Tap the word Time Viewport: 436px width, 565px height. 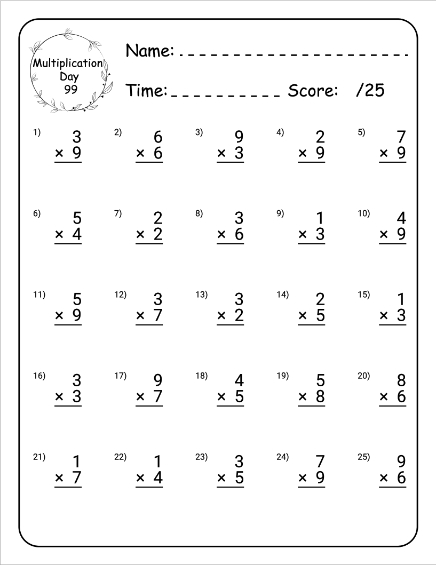point(146,90)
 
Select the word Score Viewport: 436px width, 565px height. point(313,90)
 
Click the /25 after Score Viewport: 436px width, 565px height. point(370,90)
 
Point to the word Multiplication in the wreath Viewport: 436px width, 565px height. point(68,63)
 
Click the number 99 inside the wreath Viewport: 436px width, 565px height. point(70,89)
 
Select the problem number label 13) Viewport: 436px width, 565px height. point(201,295)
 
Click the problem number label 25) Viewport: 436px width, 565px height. point(363,457)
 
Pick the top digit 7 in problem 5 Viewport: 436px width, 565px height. point(400,137)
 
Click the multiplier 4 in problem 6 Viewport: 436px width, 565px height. point(76,235)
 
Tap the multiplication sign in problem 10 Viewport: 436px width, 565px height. point(384,235)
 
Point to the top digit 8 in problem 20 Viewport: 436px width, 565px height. point(400,380)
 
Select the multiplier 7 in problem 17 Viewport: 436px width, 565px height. point(157,397)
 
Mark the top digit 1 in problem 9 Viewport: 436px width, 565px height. point(320,218)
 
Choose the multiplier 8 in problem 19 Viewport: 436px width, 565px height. point(319,397)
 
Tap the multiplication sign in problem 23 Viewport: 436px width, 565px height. point(221,478)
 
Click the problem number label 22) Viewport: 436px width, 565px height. point(120,457)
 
